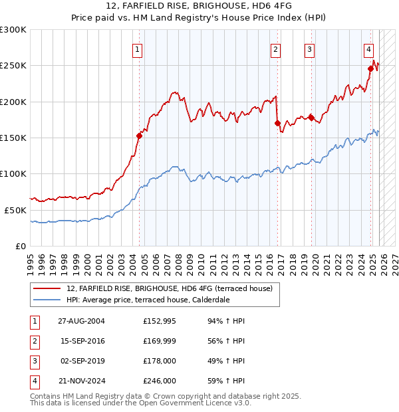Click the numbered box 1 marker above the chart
click(x=137, y=49)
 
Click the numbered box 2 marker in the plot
click(x=275, y=49)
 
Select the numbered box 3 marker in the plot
click(x=310, y=49)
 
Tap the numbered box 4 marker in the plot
click(x=368, y=49)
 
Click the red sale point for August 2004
click(x=140, y=136)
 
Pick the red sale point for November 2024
click(x=371, y=68)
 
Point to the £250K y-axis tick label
click(x=13, y=66)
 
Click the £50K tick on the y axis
click(x=15, y=210)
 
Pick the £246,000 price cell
click(x=160, y=381)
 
